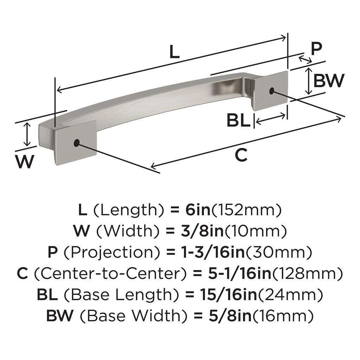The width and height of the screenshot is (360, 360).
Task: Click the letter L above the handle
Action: [x=174, y=52]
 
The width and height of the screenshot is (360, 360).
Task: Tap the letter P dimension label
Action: [x=316, y=49]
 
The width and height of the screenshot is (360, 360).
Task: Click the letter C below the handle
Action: [x=241, y=155]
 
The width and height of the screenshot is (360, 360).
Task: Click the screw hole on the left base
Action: [x=76, y=143]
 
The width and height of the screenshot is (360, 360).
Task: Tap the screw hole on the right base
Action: [x=271, y=91]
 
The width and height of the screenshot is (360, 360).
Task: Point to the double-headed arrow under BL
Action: [x=270, y=121]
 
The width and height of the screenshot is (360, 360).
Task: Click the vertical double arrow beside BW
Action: [x=308, y=81]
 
